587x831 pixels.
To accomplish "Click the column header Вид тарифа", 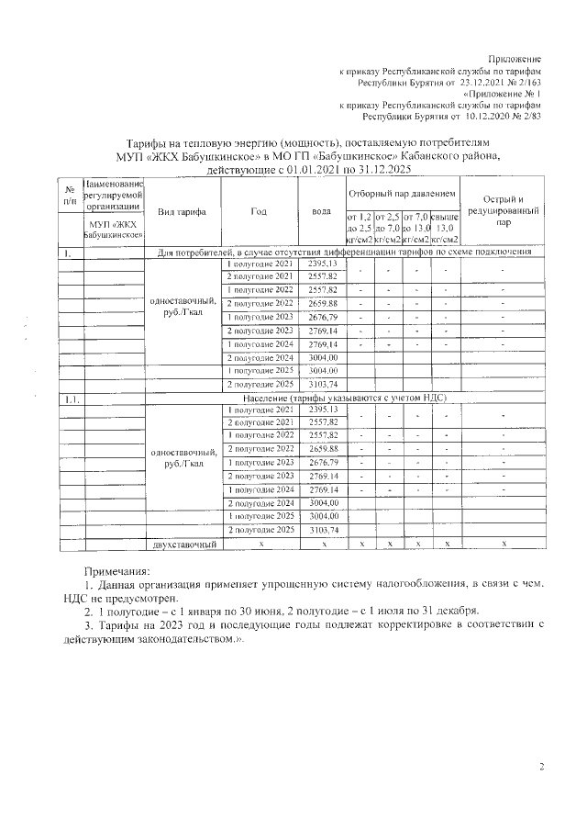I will pos(181,212).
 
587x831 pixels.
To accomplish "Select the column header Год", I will pos(259,212).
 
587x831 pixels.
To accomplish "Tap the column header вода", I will pos(321,212).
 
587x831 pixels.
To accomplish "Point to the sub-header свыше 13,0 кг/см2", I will pos(444,227).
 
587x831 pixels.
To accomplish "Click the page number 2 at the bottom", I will pos(541,767).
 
